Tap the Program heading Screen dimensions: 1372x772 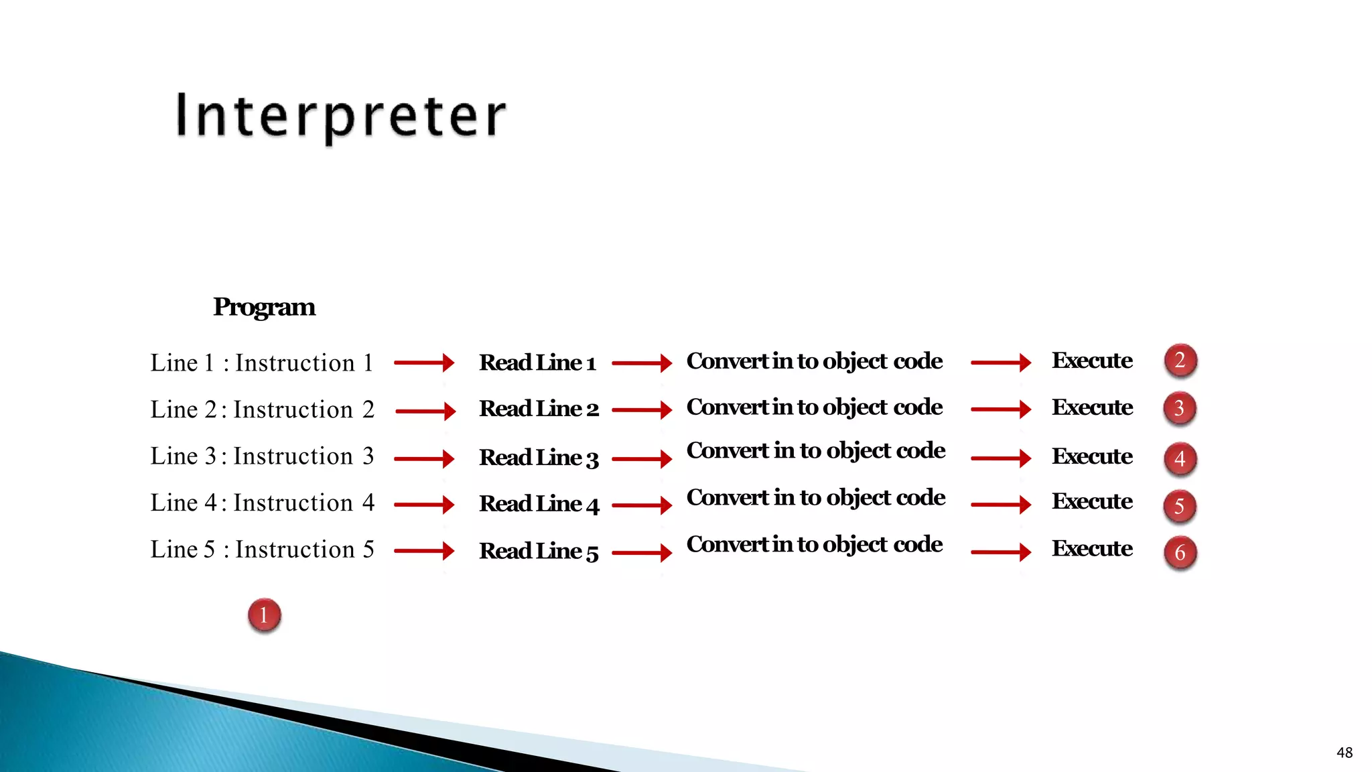(x=264, y=307)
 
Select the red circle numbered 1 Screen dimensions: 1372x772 (x=264, y=615)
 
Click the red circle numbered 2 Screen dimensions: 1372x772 (x=1180, y=361)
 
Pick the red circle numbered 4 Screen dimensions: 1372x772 (x=1180, y=459)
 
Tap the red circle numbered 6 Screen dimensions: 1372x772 (x=1180, y=553)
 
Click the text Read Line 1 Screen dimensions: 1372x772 (x=537, y=363)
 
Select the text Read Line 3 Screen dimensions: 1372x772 (x=539, y=458)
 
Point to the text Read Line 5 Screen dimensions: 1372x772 (x=539, y=552)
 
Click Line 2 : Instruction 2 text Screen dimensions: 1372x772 (x=262, y=409)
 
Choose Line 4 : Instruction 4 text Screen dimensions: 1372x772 (x=262, y=503)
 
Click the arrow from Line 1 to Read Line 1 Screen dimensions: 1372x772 (x=424, y=363)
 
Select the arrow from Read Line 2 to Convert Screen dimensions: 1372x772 (x=641, y=409)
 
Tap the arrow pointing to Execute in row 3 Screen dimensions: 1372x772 (x=1000, y=458)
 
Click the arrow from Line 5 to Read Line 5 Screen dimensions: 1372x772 (x=424, y=551)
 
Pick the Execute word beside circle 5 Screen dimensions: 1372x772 (x=1092, y=501)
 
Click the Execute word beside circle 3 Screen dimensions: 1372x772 (x=1092, y=407)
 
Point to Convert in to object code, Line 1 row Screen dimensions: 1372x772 (x=814, y=361)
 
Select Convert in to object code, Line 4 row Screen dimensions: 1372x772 (x=815, y=498)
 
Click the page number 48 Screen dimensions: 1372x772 (x=1344, y=753)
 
